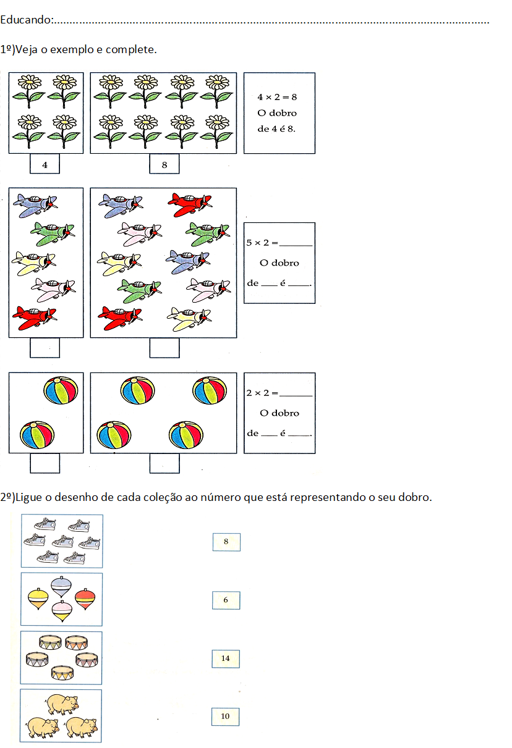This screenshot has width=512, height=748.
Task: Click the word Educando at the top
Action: click(x=25, y=20)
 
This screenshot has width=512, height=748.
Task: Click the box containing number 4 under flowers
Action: click(x=45, y=164)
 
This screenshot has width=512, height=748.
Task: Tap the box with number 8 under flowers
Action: click(x=164, y=164)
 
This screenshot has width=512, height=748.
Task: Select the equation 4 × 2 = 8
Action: click(x=277, y=97)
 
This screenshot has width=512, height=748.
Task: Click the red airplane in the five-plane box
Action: click(x=35, y=317)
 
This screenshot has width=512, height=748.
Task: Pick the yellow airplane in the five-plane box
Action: click(x=33, y=263)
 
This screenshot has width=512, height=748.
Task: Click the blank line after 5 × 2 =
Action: click(x=296, y=245)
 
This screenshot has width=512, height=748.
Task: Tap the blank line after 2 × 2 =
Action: click(x=296, y=396)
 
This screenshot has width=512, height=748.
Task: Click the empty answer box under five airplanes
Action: click(x=45, y=348)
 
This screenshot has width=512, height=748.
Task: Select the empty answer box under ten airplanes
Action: click(x=164, y=348)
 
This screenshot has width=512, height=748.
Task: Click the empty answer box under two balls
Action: click(x=45, y=463)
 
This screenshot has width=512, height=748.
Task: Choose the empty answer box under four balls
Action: click(x=164, y=463)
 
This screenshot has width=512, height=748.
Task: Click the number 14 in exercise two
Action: click(x=225, y=658)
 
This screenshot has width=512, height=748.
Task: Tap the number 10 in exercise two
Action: click(x=225, y=716)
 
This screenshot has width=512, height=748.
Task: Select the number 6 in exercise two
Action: click(x=226, y=600)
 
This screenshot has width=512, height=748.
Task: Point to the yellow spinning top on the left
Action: click(x=38, y=599)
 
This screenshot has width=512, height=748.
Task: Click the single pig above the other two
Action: click(x=63, y=704)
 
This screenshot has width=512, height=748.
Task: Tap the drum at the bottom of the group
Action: click(x=62, y=673)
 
